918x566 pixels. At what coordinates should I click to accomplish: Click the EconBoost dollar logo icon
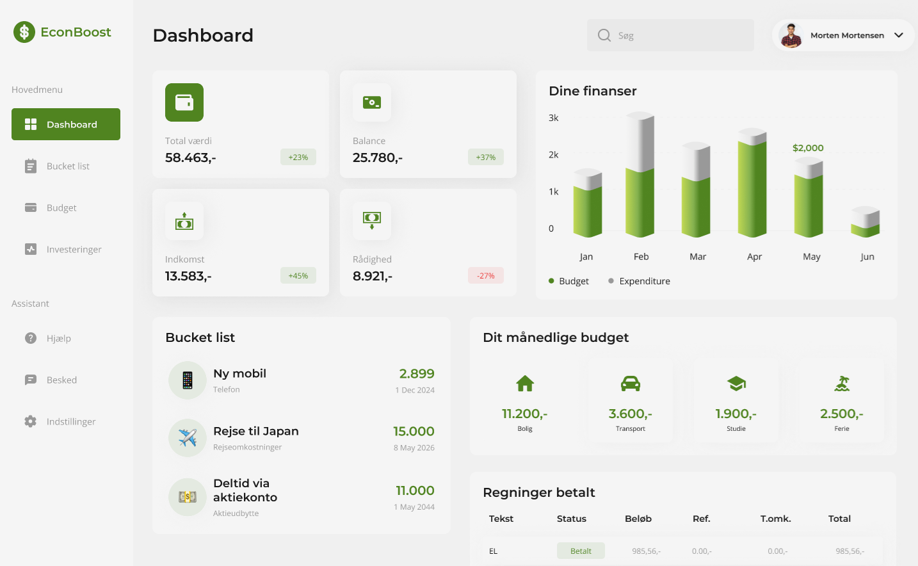click(x=24, y=32)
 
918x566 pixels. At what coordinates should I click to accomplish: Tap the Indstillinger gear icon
click(x=31, y=421)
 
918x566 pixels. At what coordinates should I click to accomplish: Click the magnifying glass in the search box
click(x=604, y=35)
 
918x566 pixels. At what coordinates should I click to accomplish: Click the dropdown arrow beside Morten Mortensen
click(x=899, y=35)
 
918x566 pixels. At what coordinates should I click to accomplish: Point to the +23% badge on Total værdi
click(x=298, y=158)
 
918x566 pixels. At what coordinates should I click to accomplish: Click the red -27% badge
click(x=485, y=276)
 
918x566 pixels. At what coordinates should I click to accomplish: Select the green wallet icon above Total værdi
click(x=184, y=102)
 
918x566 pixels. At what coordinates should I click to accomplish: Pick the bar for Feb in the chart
click(x=640, y=176)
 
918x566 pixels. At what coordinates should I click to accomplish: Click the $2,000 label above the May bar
click(x=808, y=148)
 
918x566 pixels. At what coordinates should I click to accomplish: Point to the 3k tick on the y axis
click(x=554, y=118)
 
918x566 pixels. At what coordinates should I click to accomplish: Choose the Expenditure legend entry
click(x=640, y=281)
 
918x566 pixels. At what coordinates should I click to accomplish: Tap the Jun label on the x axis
click(x=867, y=257)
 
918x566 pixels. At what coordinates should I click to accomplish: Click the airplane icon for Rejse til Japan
click(x=188, y=438)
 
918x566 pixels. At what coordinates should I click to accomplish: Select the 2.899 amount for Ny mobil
click(x=417, y=374)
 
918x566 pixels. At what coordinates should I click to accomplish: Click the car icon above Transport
click(x=631, y=384)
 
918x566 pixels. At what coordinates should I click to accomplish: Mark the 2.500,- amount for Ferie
click(x=841, y=414)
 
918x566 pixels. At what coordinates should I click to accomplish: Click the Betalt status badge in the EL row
click(x=581, y=551)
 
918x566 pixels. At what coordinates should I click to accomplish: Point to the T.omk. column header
click(x=775, y=519)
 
